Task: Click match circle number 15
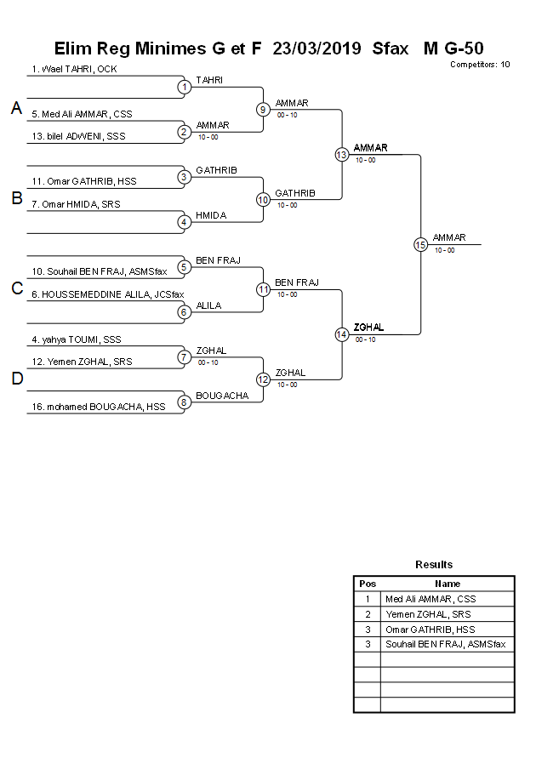420,244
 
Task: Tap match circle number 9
263,109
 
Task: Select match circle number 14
341,334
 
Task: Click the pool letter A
16,108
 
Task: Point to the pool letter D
16,379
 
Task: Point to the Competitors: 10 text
480,64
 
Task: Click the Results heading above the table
434,564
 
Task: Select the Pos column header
368,584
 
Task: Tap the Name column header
448,584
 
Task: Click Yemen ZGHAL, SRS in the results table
428,613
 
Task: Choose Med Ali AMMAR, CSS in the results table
431,599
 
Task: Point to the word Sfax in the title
391,48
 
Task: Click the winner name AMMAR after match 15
449,237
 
